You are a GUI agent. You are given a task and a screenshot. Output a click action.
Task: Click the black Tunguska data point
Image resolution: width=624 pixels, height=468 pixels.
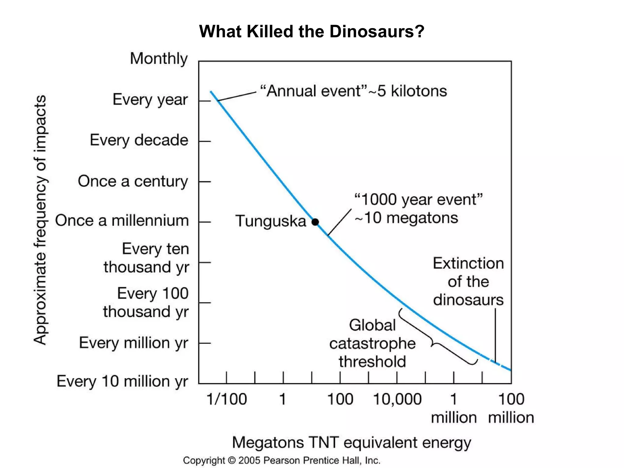[315, 222]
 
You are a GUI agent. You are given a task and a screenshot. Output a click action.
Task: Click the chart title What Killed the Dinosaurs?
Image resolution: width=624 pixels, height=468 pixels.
[311, 31]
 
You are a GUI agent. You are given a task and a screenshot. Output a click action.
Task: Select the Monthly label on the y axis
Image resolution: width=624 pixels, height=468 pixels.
[159, 58]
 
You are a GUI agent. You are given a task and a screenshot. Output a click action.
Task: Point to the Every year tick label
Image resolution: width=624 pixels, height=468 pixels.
[150, 100]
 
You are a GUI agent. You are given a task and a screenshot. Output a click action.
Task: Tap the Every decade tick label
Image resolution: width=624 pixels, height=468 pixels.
[139, 140]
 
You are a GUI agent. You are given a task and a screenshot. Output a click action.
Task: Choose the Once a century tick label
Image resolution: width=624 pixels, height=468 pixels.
[133, 181]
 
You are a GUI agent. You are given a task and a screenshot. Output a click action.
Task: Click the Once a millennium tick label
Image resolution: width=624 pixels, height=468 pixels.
[122, 221]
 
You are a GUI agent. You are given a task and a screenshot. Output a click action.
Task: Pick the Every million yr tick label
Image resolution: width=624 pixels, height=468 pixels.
[133, 343]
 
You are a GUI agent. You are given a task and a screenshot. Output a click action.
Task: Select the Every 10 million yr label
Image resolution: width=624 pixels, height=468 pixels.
[122, 381]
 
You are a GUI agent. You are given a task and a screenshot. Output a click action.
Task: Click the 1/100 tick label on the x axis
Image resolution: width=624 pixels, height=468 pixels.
[227, 399]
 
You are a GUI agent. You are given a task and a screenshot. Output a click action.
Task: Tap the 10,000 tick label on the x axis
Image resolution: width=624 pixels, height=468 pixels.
[397, 399]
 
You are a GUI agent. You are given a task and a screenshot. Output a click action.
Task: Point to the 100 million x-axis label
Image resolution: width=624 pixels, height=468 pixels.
[511, 408]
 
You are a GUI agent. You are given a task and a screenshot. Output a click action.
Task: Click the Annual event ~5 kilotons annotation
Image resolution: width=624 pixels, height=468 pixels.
[353, 91]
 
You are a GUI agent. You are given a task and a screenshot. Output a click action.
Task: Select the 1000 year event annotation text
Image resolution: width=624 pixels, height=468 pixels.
[418, 209]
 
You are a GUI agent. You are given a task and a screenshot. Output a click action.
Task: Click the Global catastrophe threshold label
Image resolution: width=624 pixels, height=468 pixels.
[372, 343]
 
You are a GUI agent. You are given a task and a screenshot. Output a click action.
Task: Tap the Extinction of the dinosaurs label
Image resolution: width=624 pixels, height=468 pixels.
[468, 282]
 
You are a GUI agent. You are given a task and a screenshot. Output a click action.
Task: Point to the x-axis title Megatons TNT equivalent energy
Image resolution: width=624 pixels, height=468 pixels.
[352, 442]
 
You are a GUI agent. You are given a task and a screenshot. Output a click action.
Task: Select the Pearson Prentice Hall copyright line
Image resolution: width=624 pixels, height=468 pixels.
[282, 460]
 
